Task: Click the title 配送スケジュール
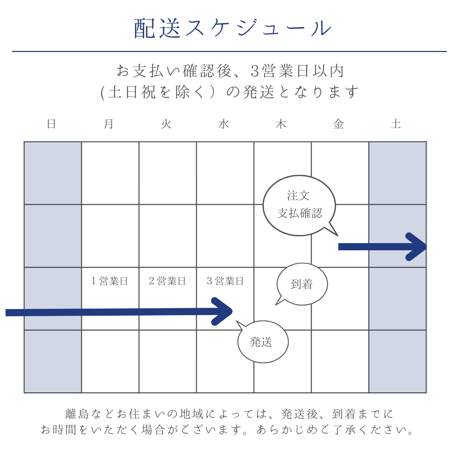click(x=232, y=28)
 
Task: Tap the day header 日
click(x=52, y=124)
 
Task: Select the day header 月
click(x=109, y=124)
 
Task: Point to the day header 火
click(x=166, y=124)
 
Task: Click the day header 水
click(x=223, y=124)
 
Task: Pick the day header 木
click(x=281, y=124)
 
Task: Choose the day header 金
click(x=338, y=124)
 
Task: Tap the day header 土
click(x=396, y=124)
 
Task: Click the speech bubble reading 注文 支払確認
click(x=299, y=205)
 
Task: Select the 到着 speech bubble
click(x=302, y=284)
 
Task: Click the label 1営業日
click(x=110, y=281)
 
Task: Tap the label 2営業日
click(x=167, y=281)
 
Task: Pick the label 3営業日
click(x=225, y=281)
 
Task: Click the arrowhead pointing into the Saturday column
click(x=416, y=247)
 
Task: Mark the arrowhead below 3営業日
click(x=222, y=311)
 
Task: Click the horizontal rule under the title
click(x=229, y=51)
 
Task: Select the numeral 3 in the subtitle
click(x=255, y=71)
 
